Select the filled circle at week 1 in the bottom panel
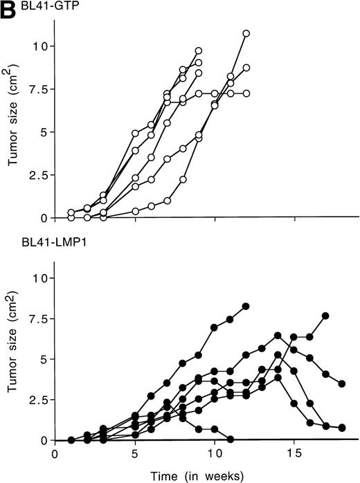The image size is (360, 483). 71,439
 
